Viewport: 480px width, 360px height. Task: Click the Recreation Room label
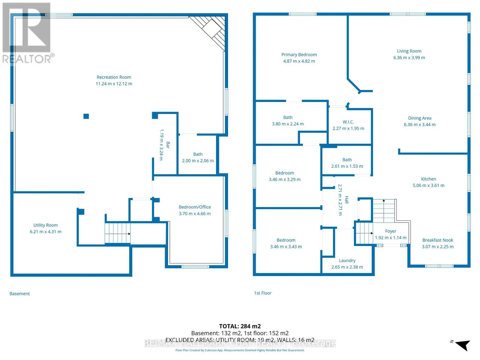(114, 77)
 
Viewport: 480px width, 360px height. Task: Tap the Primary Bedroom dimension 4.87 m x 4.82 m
(299, 61)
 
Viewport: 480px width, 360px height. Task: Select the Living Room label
(409, 51)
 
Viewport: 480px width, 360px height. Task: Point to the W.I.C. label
(348, 122)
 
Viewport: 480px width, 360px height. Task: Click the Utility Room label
(46, 225)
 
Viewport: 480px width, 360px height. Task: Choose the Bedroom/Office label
(195, 207)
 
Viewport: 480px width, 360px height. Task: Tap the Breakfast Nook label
(438, 240)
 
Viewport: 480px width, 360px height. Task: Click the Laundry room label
(347, 260)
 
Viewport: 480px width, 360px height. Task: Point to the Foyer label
(391, 231)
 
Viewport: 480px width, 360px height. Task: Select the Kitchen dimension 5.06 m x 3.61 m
(428, 185)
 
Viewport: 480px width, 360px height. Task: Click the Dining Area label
(420, 118)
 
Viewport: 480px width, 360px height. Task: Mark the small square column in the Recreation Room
(86, 116)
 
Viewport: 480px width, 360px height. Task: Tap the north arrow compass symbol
(462, 345)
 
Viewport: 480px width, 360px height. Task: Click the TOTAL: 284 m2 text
(240, 326)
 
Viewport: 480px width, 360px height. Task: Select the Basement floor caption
(19, 294)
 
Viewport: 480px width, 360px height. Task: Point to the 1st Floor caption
(262, 293)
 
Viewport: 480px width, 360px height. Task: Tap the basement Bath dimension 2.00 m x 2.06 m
(198, 161)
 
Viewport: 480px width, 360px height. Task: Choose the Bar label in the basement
(168, 145)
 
